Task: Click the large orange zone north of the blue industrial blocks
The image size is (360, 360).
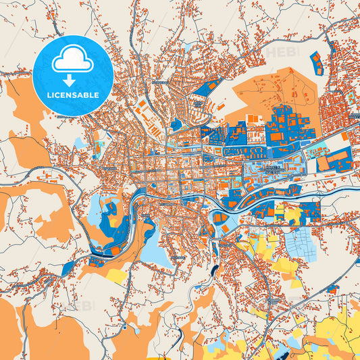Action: (270, 95)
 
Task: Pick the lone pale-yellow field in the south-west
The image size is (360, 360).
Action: (116, 276)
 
